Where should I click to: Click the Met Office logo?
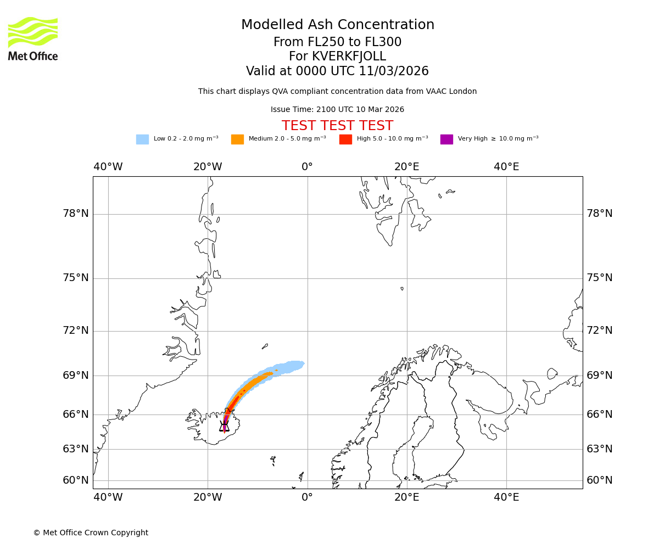click(33, 38)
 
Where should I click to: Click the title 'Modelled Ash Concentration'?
click(337, 25)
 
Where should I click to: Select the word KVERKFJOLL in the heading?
click(349, 57)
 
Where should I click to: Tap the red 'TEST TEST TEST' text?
click(337, 126)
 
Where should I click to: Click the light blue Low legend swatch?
click(142, 139)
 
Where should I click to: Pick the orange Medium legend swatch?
click(237, 139)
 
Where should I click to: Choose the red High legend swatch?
click(345, 139)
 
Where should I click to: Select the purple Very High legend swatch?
click(446, 139)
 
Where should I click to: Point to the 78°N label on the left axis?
click(76, 214)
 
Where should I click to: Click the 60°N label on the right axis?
click(600, 480)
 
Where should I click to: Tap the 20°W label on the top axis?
click(208, 167)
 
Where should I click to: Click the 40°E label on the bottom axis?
click(506, 498)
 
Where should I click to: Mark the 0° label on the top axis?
click(307, 167)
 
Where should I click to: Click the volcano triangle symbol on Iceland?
click(224, 427)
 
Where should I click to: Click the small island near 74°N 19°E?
click(402, 288)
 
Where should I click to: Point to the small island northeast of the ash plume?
click(265, 346)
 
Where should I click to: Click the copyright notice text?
click(91, 533)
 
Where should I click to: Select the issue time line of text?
click(337, 110)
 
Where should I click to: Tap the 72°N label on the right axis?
click(600, 330)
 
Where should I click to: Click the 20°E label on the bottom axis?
click(407, 498)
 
